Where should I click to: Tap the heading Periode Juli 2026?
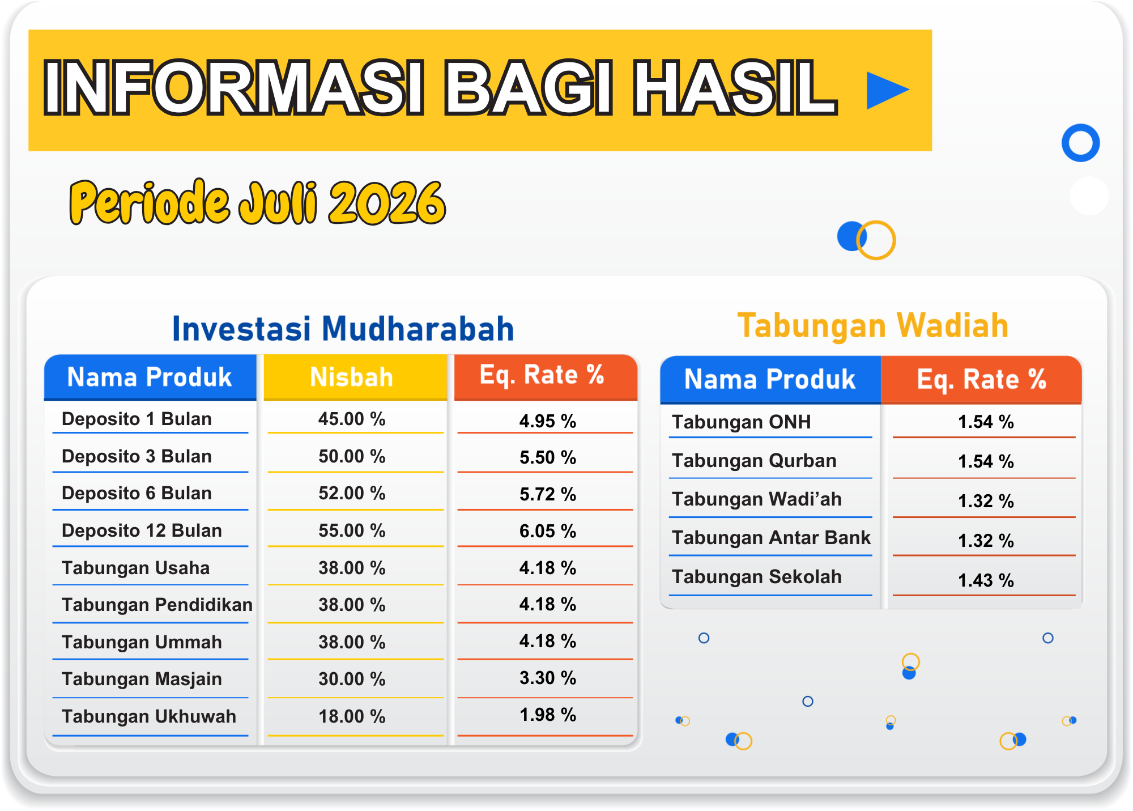pyautogui.click(x=258, y=202)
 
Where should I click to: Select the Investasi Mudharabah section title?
pyautogui.click(x=343, y=329)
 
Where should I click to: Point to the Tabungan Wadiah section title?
pyautogui.click(x=873, y=326)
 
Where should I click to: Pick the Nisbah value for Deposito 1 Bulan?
pyautogui.click(x=352, y=419)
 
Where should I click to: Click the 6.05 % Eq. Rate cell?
pyautogui.click(x=548, y=531)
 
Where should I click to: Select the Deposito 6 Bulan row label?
pyautogui.click(x=137, y=493)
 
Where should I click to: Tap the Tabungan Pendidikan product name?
pyautogui.click(x=157, y=605)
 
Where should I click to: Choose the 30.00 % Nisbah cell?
pyautogui.click(x=352, y=679)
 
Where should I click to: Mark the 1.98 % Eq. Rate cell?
pyautogui.click(x=548, y=715)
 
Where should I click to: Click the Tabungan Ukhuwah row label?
pyautogui.click(x=149, y=716)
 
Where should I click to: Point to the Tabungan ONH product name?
pyautogui.click(x=742, y=422)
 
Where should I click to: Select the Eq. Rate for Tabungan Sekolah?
pyautogui.click(x=986, y=580)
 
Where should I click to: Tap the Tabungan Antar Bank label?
pyautogui.click(x=771, y=537)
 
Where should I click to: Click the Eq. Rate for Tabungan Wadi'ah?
pyautogui.click(x=986, y=501)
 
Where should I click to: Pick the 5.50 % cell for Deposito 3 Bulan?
pyautogui.click(x=548, y=457)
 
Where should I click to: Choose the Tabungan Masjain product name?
pyautogui.click(x=142, y=679)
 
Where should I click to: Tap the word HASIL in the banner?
pyautogui.click(x=735, y=88)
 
